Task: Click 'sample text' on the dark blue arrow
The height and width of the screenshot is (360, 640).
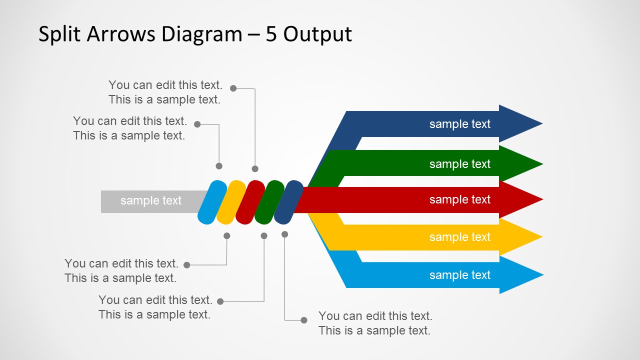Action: pos(459,124)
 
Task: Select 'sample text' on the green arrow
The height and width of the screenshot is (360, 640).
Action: pos(459,164)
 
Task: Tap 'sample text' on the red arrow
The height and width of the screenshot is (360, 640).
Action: pos(459,199)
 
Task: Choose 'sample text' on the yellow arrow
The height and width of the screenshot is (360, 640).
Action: pos(459,237)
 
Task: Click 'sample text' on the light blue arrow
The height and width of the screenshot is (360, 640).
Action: pos(459,275)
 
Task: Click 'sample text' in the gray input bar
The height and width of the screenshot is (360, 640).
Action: pos(150,201)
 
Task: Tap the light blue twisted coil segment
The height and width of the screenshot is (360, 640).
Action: pos(212,202)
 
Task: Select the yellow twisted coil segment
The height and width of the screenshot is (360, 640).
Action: pos(231,202)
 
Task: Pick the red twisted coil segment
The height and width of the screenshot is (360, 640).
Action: pos(250,202)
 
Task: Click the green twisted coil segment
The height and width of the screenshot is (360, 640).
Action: pos(269,202)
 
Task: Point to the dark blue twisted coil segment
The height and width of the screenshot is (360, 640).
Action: pos(288,202)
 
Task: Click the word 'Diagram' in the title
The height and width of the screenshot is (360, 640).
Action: pos(201,34)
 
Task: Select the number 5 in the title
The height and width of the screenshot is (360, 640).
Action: pos(271,34)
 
